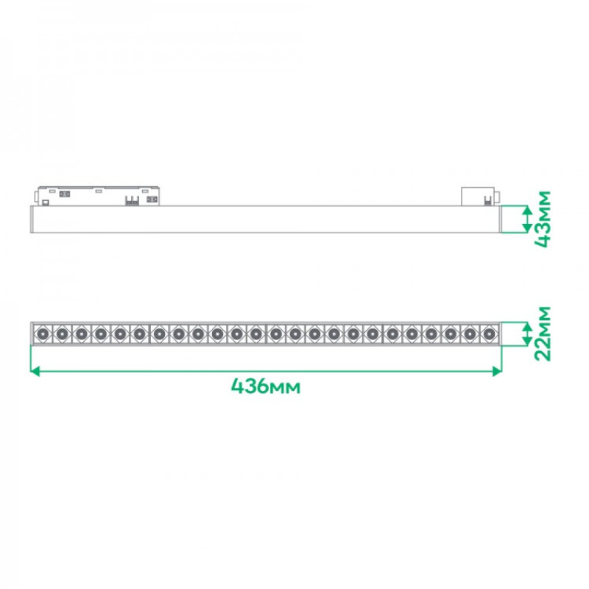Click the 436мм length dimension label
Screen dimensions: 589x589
[266, 386]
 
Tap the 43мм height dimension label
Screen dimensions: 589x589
[543, 219]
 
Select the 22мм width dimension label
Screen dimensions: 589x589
[543, 334]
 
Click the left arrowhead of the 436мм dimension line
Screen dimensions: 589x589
[35, 372]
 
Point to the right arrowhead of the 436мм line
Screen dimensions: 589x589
[497, 372]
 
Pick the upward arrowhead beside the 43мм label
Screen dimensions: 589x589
[527, 210]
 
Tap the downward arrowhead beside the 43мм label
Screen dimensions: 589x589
[527, 228]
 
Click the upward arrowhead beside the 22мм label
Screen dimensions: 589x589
[527, 326]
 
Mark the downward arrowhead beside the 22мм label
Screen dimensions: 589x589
[527, 341]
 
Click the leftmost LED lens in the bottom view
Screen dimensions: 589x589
[43, 334]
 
